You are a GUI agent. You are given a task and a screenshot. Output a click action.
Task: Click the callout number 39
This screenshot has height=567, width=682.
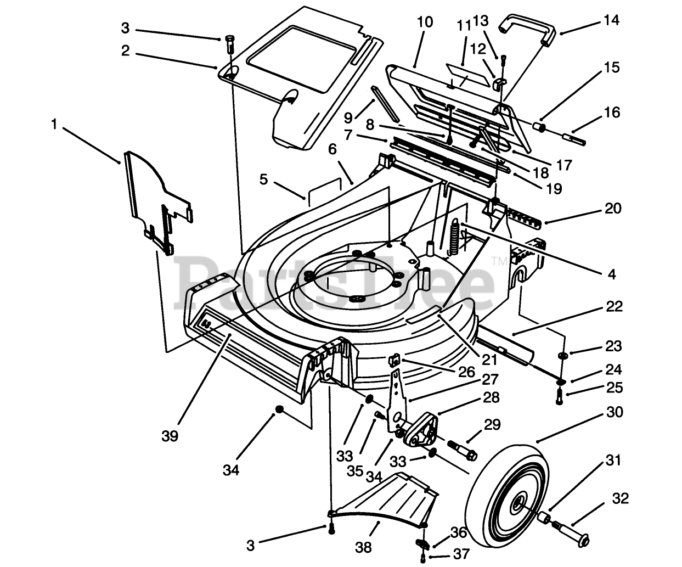pos(170,436)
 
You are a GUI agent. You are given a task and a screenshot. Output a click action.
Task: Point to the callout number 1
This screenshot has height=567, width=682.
pos(54,124)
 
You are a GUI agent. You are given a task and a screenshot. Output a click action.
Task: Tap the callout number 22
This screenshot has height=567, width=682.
pos(615,306)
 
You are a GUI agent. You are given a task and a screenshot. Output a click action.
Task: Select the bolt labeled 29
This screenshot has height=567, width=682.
pos(462,450)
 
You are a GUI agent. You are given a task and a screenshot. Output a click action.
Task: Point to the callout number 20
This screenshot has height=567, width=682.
pos(613,208)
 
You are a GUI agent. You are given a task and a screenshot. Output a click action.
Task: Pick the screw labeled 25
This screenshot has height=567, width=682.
pos(559,396)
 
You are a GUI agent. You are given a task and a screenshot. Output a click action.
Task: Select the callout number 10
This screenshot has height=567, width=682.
pos(425,22)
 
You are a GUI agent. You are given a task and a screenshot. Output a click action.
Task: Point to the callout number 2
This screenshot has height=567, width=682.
pos(126,50)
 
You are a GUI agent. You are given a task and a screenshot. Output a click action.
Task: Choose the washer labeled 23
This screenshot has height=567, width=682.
pos(562,355)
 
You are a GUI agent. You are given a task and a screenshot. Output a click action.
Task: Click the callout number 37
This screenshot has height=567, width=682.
pos(461,554)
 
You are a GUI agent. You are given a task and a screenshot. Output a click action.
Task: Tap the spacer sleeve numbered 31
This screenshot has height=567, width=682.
pos(544,518)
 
